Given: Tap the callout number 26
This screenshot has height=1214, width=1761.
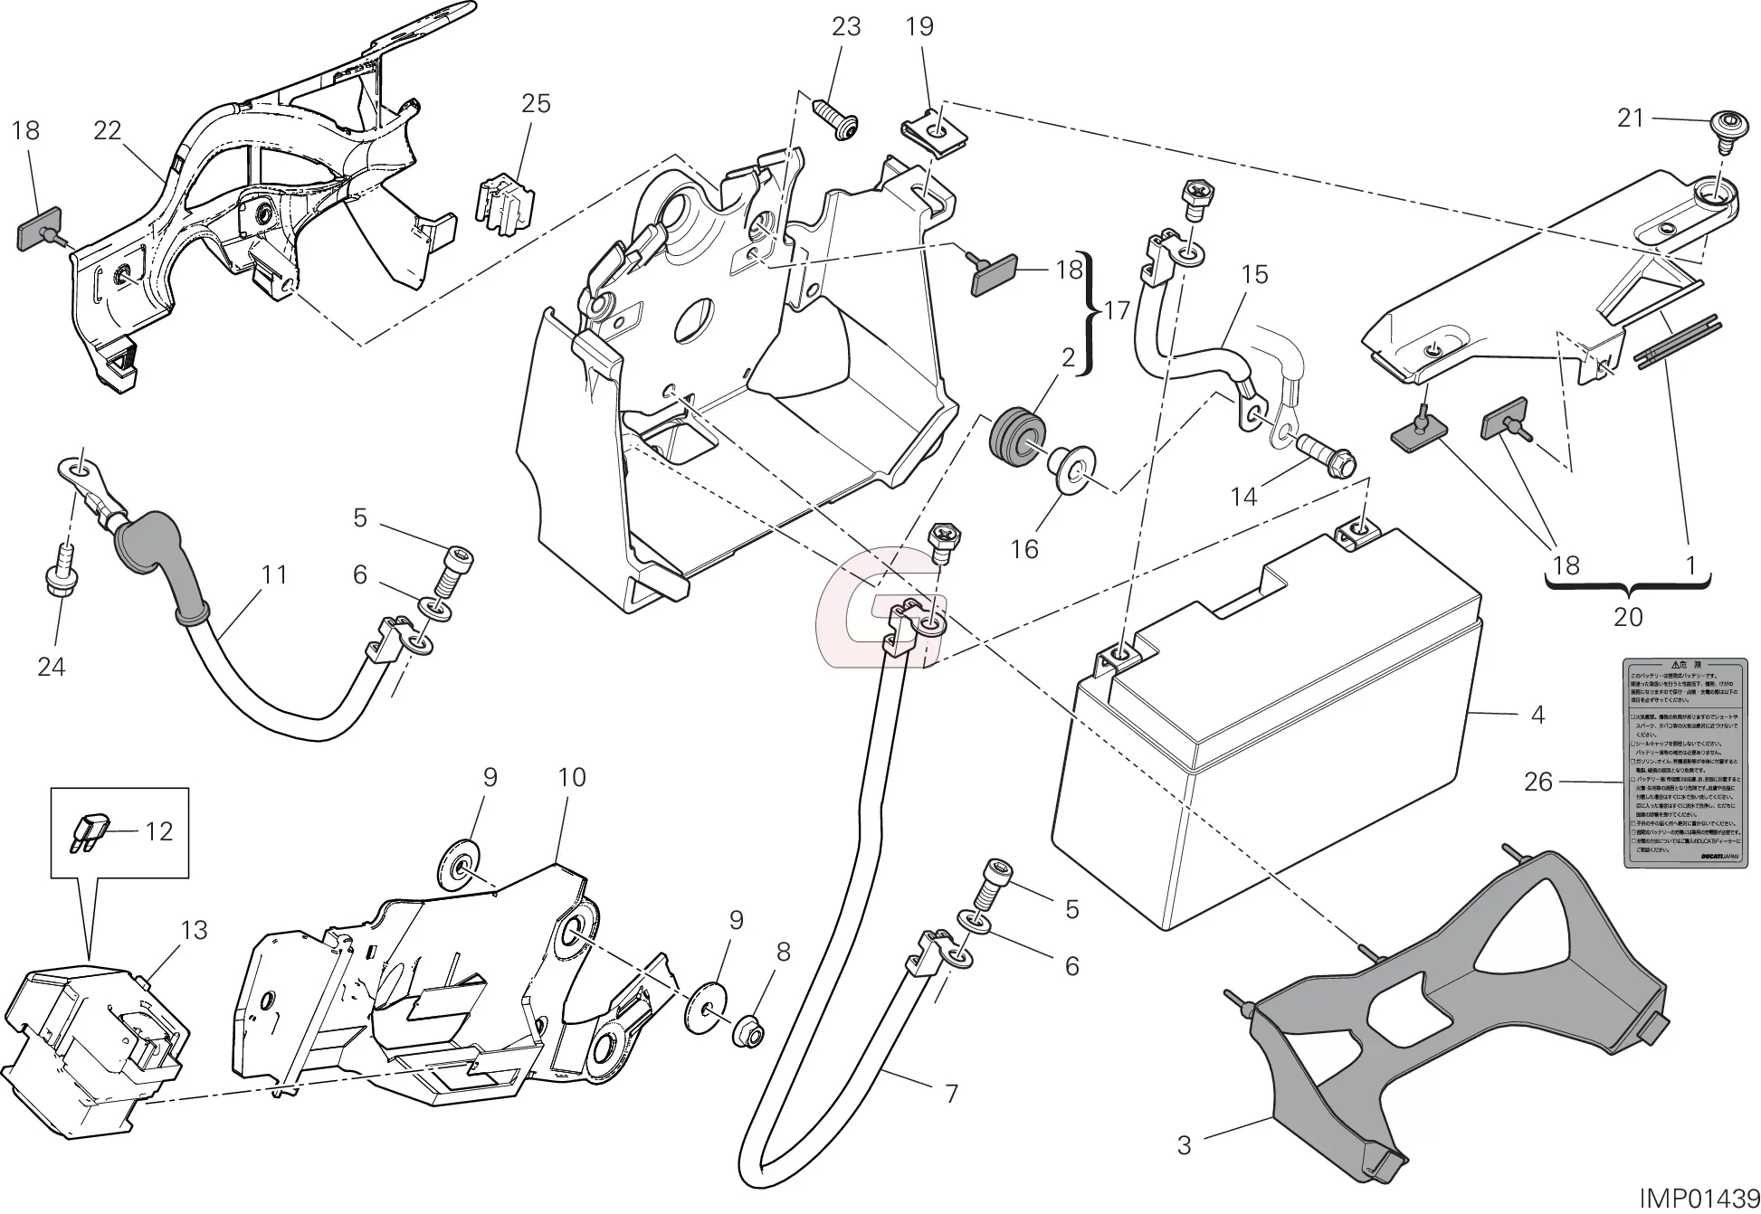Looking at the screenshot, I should [x=1537, y=782].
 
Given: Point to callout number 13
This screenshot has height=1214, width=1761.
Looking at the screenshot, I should [x=194, y=930].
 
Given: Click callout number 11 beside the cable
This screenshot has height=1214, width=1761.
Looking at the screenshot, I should [x=273, y=574].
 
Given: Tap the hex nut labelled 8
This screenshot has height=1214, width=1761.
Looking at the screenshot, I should [x=748, y=1029].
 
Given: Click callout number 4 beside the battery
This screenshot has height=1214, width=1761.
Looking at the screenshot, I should [x=1537, y=715].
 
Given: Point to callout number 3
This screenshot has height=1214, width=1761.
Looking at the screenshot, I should [x=1185, y=1145].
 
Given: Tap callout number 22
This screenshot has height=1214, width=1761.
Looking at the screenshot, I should [x=107, y=130].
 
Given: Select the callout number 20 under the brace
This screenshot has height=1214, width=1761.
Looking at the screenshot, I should [x=1627, y=617].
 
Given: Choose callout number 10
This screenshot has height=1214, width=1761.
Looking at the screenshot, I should [x=572, y=777].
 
